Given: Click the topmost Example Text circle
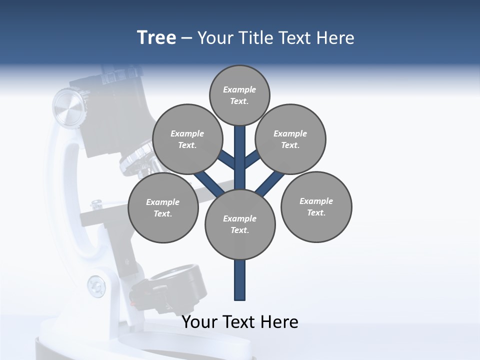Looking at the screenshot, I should click(239, 95).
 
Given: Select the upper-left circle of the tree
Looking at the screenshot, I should click(187, 139).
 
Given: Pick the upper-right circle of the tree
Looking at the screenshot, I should click(290, 139).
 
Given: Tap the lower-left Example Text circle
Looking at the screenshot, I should click(163, 208).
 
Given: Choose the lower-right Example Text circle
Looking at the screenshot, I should click(316, 207).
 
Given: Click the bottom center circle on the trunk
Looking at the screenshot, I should click(240, 224).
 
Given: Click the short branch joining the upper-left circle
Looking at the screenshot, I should click(227, 160).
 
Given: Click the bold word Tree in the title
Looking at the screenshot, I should click(156, 37).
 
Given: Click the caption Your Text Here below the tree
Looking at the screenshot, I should click(240, 321).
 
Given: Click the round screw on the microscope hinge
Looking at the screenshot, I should click(96, 286).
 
